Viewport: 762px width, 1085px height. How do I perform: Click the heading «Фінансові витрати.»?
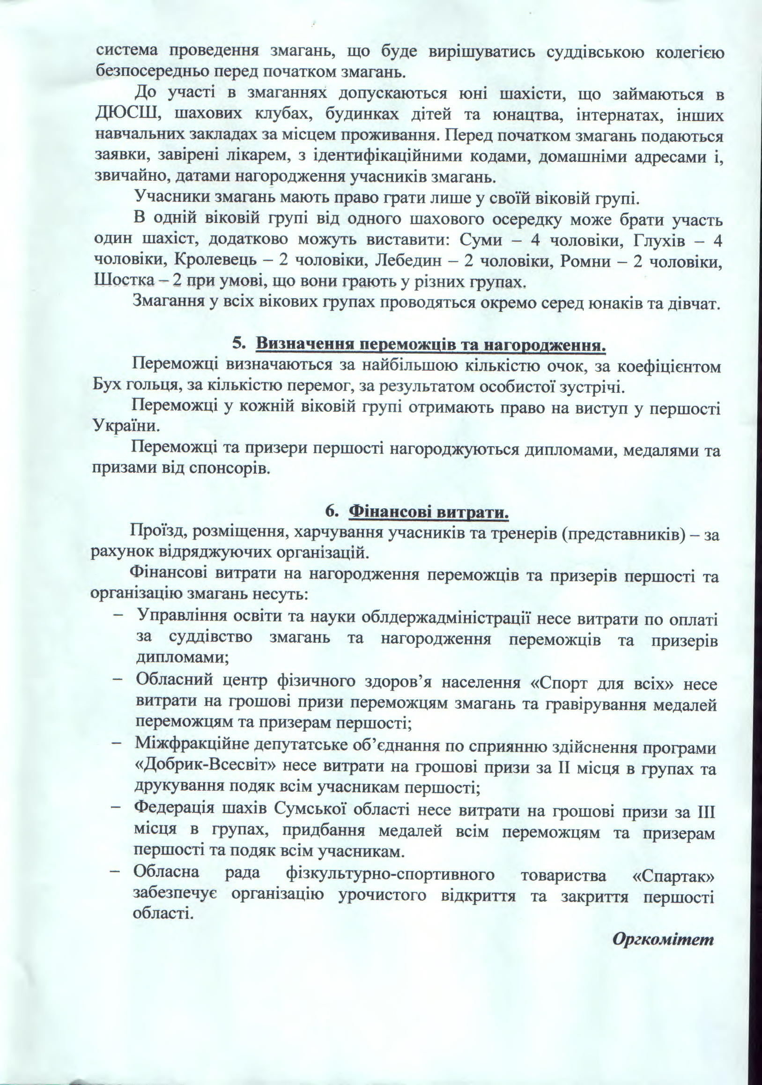(x=429, y=511)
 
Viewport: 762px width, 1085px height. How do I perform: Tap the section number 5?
(x=238, y=344)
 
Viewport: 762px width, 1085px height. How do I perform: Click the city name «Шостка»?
(x=124, y=281)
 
